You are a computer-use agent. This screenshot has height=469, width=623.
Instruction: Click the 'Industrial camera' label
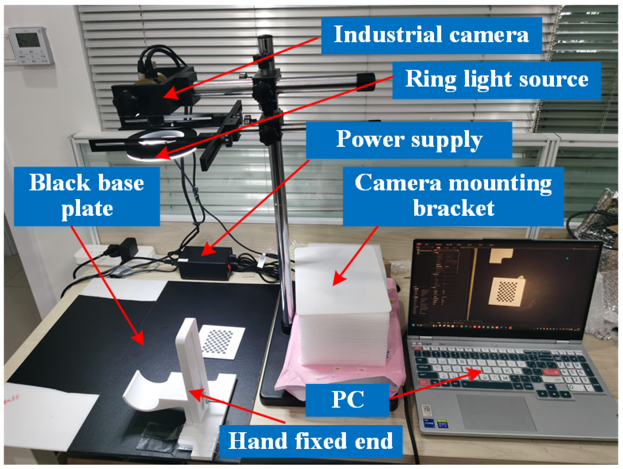(431, 35)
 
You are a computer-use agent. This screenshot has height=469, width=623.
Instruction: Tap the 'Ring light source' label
(496, 80)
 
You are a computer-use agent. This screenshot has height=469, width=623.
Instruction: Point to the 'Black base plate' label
(87, 196)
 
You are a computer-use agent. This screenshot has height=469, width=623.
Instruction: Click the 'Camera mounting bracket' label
(453, 196)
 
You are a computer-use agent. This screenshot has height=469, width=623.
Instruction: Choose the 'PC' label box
(347, 400)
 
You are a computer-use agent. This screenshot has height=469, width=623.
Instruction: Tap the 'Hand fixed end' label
(310, 441)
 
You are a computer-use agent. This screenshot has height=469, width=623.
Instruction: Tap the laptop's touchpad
(496, 413)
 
